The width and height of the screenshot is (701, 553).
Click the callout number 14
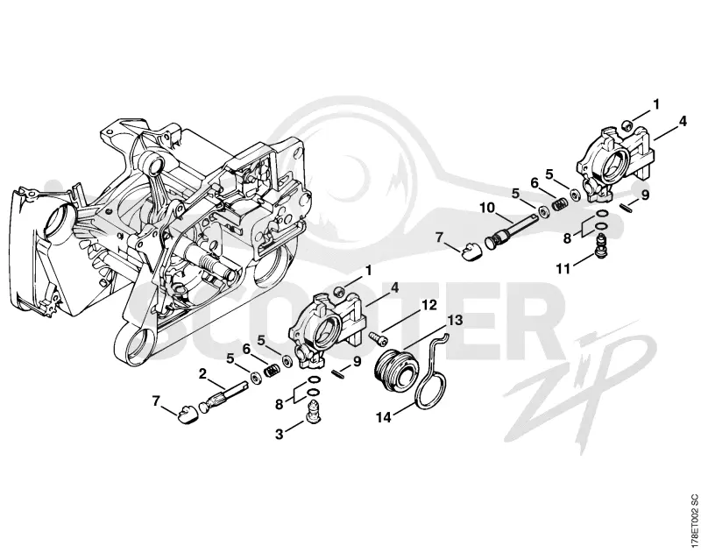384,417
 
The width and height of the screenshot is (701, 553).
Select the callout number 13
455,321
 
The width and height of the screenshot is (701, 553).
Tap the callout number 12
428,305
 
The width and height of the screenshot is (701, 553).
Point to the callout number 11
563,269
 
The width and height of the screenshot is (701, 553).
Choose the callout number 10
488,208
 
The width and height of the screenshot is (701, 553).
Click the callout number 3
279,434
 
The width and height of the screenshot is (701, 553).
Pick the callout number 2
202,373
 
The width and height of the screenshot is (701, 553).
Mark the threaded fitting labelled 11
602,245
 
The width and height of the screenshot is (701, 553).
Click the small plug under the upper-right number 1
627,124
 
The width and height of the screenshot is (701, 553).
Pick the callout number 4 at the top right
683,121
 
